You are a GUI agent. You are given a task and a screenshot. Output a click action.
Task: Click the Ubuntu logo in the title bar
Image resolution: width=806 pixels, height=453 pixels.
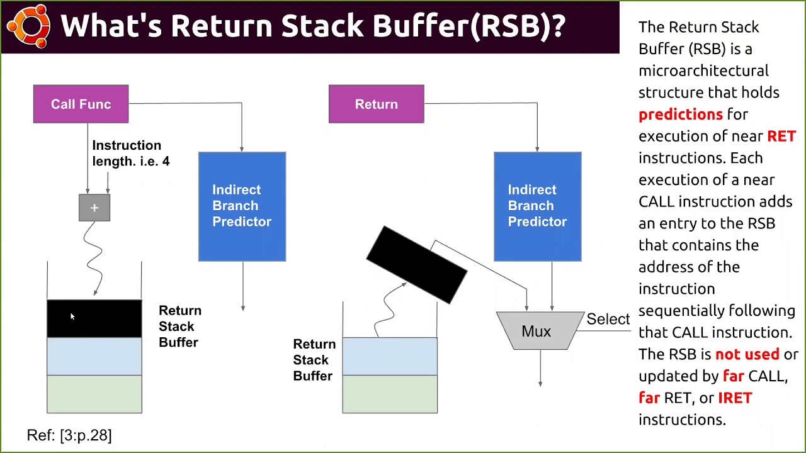click(28, 26)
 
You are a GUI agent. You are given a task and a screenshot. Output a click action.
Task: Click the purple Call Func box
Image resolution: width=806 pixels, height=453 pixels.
click(81, 104)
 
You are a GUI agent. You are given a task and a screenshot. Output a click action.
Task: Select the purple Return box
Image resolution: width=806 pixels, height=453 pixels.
click(376, 104)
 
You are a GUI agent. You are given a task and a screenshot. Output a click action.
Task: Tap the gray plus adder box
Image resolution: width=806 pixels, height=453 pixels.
click(94, 208)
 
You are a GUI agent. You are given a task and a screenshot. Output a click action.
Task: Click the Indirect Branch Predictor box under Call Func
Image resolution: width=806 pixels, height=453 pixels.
click(242, 206)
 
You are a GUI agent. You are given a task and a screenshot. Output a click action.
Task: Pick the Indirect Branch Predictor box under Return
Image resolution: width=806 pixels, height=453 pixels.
click(537, 206)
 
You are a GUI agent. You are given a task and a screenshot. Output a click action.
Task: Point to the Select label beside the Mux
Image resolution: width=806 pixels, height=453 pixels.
click(608, 319)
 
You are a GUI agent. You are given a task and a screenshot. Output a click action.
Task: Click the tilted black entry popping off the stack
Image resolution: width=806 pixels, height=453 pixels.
click(416, 264)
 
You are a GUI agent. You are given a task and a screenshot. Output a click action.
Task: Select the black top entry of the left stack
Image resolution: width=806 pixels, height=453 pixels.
click(94, 318)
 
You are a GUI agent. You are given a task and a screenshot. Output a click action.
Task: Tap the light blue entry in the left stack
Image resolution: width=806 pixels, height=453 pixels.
click(94, 356)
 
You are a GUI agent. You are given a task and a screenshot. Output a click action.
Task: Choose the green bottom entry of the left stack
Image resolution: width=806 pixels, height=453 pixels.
click(94, 394)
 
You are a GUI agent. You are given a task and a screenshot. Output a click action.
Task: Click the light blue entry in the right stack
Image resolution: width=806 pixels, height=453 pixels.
click(390, 356)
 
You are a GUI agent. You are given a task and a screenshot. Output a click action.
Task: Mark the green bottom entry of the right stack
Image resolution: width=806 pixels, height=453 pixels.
click(390, 394)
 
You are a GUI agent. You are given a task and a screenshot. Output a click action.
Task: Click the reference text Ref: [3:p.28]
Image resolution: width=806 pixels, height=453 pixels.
click(69, 435)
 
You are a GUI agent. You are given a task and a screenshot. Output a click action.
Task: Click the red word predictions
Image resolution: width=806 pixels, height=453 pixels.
click(680, 115)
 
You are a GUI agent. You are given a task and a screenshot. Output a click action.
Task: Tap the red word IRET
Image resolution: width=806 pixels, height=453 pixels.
click(735, 398)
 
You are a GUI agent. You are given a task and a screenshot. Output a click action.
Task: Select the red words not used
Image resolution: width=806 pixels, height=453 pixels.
click(747, 354)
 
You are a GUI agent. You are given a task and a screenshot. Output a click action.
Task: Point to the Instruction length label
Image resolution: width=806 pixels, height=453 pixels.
click(130, 154)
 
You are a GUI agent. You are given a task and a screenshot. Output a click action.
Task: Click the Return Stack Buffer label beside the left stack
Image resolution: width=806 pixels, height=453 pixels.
click(179, 327)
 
